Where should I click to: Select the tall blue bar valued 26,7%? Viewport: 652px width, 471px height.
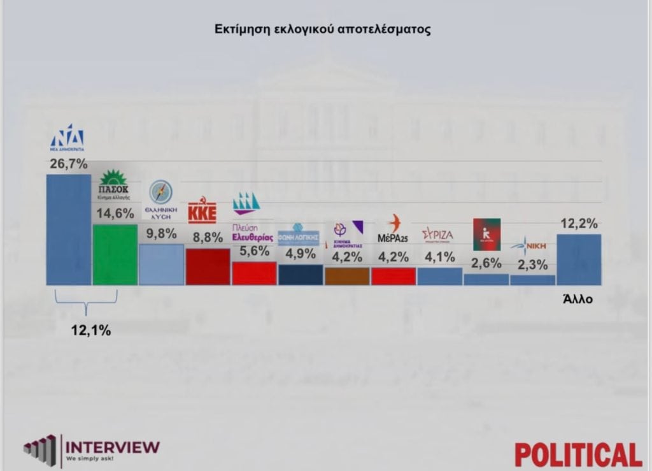pos(69,229)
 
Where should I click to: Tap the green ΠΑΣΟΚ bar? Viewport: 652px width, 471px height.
pos(115,254)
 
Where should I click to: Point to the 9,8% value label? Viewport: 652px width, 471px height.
pos(161,234)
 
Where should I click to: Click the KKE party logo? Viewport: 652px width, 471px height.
pos(202,212)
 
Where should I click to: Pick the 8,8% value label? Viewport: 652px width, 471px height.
pos(208,238)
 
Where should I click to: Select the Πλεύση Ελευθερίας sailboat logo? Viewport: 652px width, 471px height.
pos(246,203)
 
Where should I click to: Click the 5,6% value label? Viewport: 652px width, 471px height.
pos(254,252)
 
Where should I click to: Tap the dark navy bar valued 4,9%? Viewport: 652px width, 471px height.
pos(301,275)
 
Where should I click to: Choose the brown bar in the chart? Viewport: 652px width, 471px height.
pos(347,276)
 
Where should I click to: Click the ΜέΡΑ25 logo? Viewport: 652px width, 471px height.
pos(393,229)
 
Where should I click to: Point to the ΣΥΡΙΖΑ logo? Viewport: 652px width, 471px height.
pos(438,235)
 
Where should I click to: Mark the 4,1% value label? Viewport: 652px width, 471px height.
pos(440,257)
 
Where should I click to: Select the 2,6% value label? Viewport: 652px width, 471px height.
pos(486,263)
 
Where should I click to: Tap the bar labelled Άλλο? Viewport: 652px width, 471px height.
pos(579,259)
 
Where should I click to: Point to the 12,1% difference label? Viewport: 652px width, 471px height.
pos(90,330)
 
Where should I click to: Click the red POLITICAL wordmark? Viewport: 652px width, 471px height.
pos(578,454)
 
